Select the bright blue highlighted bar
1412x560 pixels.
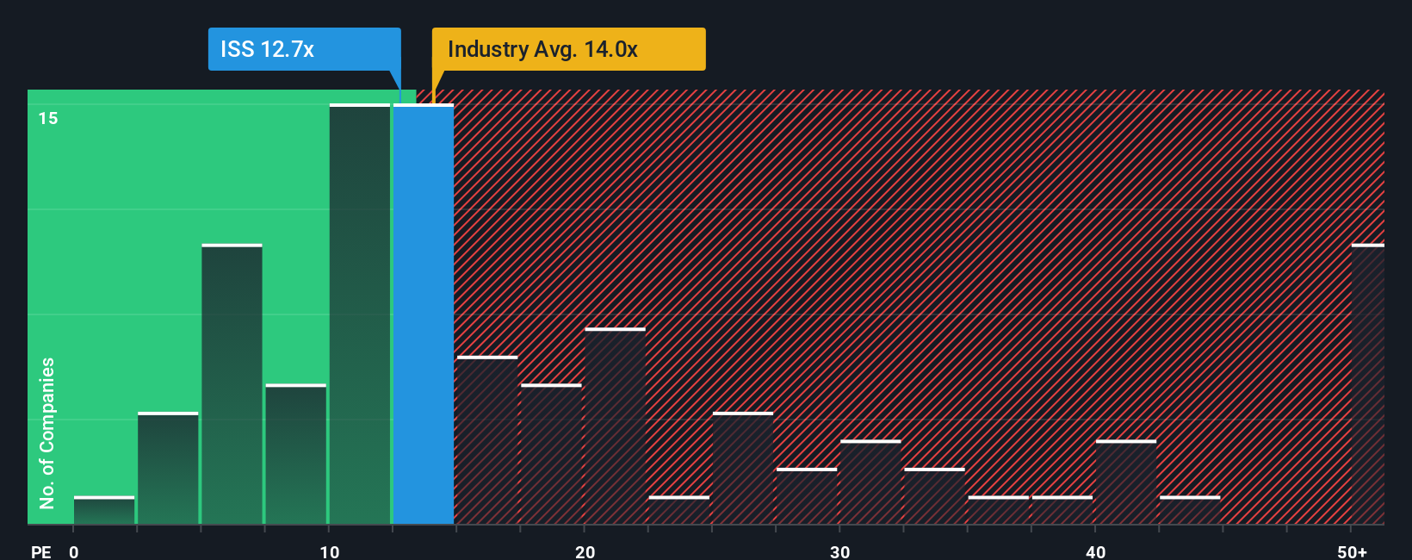(x=424, y=314)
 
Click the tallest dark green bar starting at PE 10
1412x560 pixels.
(x=360, y=314)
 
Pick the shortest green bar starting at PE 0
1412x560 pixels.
(x=104, y=511)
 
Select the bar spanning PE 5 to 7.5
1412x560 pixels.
(x=232, y=384)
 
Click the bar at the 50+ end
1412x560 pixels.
(x=1367, y=384)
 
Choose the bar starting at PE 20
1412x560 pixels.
(x=615, y=426)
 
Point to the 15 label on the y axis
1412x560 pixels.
(x=48, y=118)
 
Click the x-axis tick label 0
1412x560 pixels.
(x=74, y=551)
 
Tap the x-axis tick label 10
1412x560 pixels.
(x=329, y=551)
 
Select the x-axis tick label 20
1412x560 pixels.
(x=585, y=551)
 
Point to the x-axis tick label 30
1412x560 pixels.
(x=839, y=551)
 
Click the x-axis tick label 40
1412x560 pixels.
(x=1095, y=551)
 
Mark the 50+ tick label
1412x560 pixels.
(x=1352, y=551)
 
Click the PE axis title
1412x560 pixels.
(x=40, y=551)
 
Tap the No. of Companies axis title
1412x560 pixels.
(x=47, y=432)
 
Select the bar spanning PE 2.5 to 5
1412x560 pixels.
(x=168, y=469)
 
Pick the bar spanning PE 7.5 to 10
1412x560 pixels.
(x=296, y=454)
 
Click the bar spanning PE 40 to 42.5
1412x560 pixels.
(x=1126, y=482)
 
